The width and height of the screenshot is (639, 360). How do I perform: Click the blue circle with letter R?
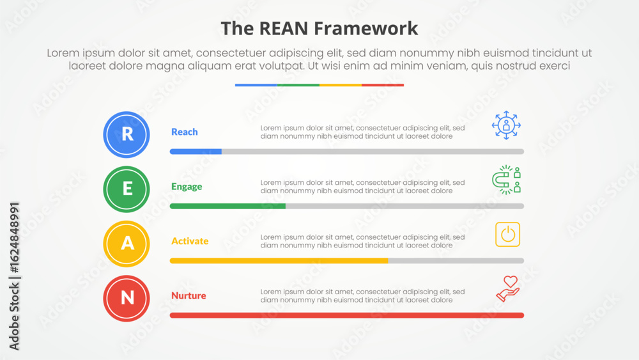coord(127,134)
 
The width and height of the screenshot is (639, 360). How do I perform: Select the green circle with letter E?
coord(127,189)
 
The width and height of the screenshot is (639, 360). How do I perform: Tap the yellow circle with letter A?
coord(127,244)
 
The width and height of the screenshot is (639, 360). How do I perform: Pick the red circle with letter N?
coord(127,299)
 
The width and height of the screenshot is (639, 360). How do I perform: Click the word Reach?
coord(184,132)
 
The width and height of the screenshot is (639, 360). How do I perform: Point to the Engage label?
coord(187,187)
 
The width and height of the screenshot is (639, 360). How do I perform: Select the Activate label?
coord(190,241)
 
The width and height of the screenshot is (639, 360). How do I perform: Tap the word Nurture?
coord(189,295)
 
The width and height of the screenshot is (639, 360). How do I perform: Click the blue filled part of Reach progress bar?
coord(196,152)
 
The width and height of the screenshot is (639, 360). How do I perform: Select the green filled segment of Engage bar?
coord(227,207)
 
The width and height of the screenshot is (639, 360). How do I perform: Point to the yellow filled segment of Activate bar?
coord(279,261)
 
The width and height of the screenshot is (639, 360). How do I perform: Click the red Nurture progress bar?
coord(347,315)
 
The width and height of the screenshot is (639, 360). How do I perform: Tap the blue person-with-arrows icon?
coord(506,125)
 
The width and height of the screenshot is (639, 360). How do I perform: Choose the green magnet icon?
coord(506,180)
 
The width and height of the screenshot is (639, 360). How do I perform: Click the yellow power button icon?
coord(508,235)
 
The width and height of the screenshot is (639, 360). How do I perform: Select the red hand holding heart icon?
coord(508,288)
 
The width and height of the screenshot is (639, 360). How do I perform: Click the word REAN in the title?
coord(284,29)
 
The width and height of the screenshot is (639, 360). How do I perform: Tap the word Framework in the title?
coord(366,29)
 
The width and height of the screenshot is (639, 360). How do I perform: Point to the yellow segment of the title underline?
coord(341,85)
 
